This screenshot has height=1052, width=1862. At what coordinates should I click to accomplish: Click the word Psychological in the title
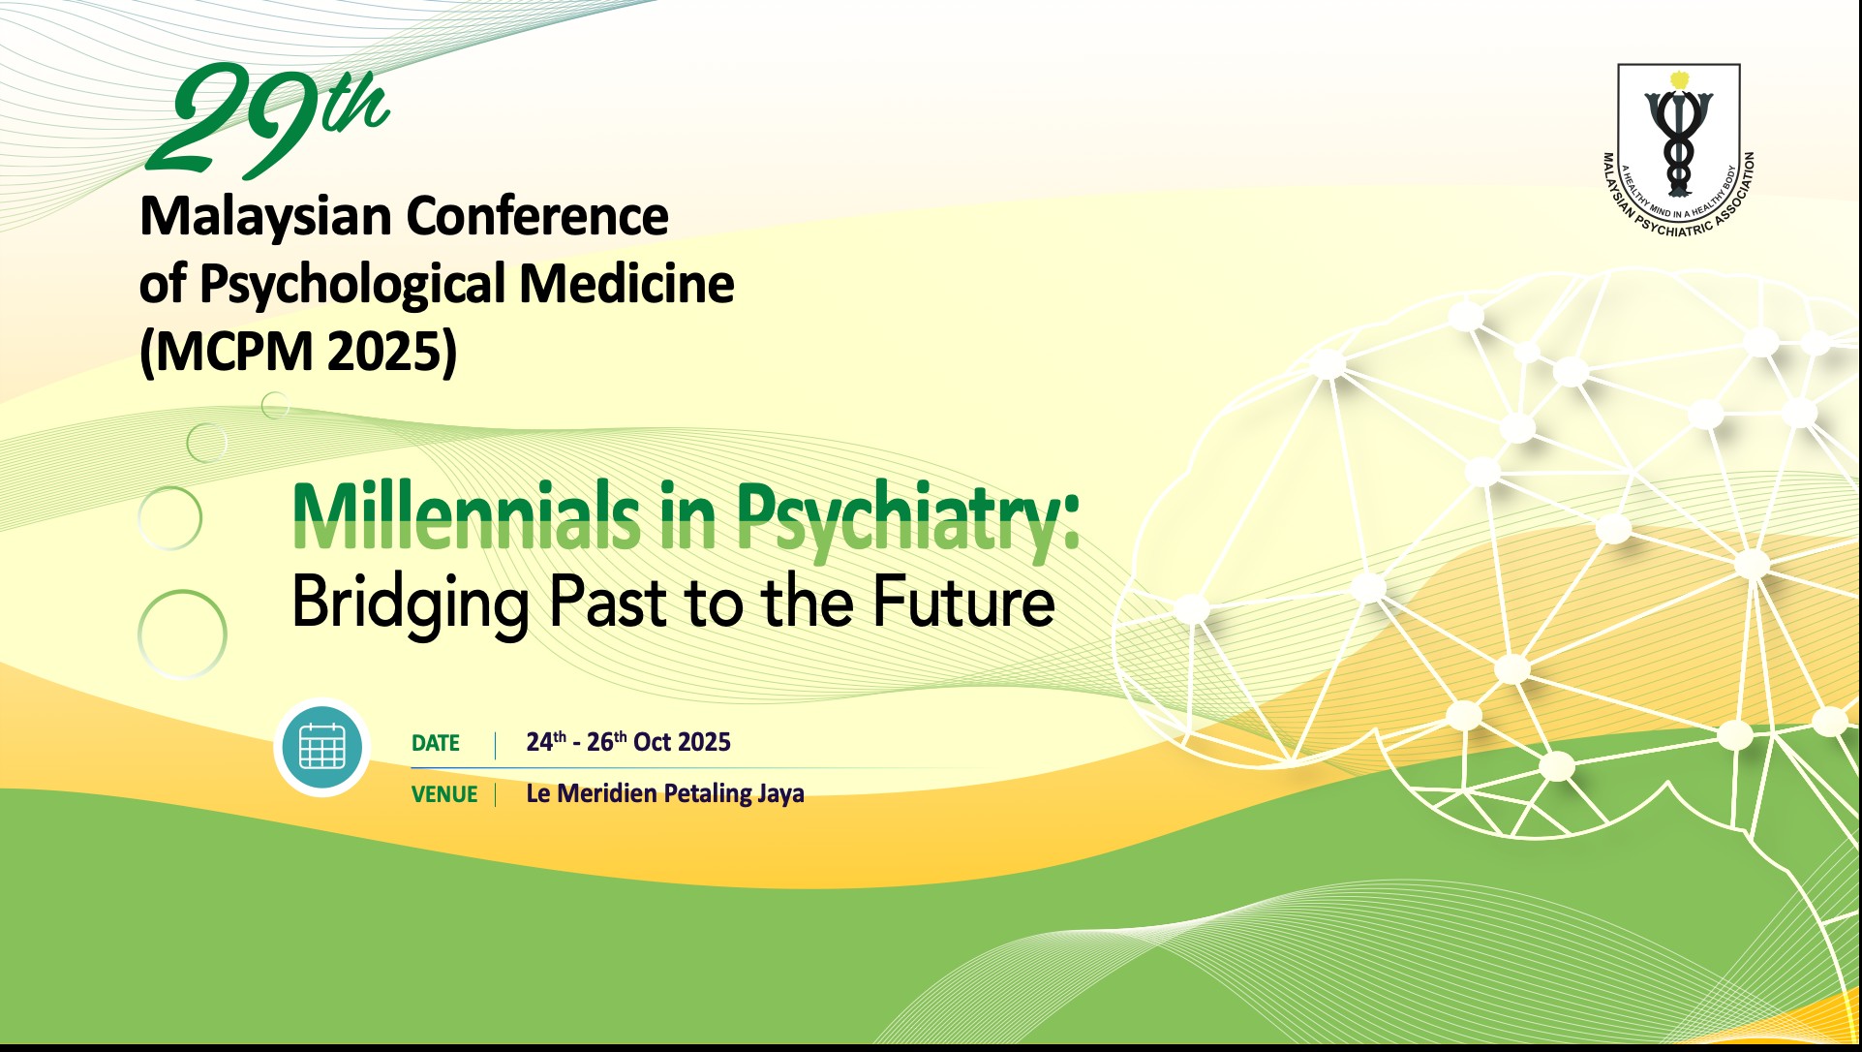tap(352, 285)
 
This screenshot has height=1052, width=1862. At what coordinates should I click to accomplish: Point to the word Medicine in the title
tap(626, 284)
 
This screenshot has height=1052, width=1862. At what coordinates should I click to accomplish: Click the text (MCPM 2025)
tap(298, 351)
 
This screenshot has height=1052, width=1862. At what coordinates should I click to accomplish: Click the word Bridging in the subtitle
tap(411, 603)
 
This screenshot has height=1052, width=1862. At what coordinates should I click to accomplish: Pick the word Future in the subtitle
tap(962, 602)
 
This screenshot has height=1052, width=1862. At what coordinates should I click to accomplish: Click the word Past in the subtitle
tap(608, 602)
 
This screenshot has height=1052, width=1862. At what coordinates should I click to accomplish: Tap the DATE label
tap(435, 743)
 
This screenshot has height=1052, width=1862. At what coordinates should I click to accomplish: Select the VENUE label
tap(443, 794)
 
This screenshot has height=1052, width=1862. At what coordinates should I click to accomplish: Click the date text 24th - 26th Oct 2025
tap(627, 742)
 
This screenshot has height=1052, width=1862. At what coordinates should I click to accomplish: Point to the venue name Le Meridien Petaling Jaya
tap(664, 793)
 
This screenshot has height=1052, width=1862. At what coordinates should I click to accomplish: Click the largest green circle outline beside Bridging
tap(182, 634)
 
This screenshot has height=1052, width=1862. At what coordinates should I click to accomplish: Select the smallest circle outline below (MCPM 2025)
tap(275, 404)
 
